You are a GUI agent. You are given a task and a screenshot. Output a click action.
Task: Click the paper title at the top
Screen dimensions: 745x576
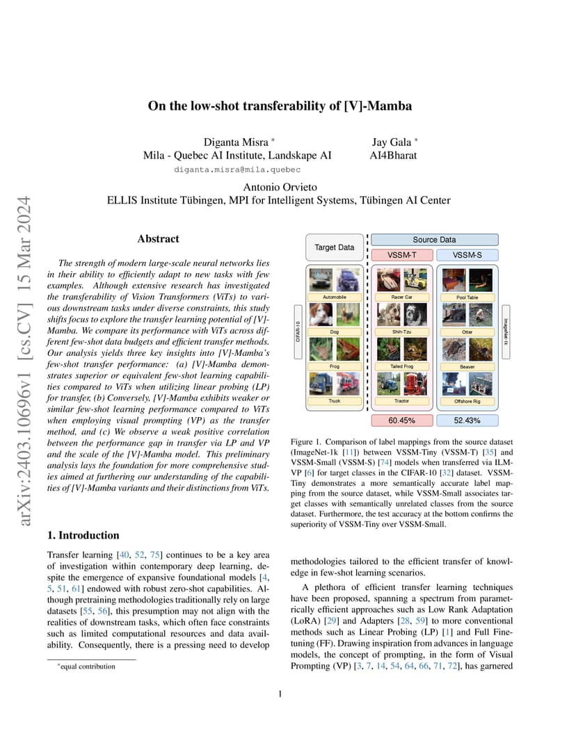[x=280, y=106]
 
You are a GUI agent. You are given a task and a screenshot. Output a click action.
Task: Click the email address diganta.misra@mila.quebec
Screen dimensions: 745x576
[x=237, y=169]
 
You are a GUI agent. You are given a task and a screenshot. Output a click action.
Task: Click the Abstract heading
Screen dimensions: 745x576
[x=158, y=238]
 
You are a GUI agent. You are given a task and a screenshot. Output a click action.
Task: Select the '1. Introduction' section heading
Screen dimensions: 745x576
[x=83, y=535]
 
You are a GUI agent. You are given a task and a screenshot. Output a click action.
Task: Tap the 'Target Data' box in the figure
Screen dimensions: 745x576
[x=334, y=247]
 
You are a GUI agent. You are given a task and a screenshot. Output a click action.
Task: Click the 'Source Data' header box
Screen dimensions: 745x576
[x=434, y=240]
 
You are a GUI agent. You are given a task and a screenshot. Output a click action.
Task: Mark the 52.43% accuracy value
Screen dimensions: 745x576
[x=467, y=420]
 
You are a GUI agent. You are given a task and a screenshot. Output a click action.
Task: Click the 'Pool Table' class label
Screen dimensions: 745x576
[x=467, y=297]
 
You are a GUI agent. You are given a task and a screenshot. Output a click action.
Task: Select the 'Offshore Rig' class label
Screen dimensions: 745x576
[x=467, y=401]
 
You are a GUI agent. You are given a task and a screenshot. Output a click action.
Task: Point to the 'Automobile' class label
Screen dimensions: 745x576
[x=334, y=297]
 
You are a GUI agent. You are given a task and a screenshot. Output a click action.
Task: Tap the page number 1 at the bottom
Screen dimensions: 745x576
[x=279, y=694]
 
